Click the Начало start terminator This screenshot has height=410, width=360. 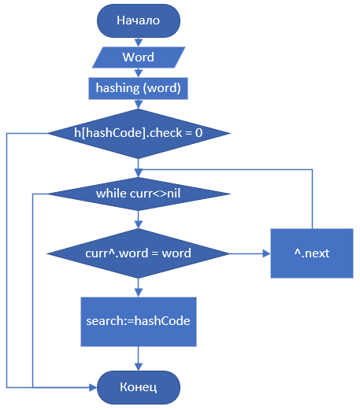click(x=139, y=20)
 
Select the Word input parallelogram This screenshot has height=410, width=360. click(x=139, y=57)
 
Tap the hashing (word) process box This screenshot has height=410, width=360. click(x=138, y=88)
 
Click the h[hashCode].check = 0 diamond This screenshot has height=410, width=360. click(x=139, y=134)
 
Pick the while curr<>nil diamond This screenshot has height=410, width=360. click(x=139, y=194)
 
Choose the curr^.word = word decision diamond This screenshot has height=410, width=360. click(x=138, y=253)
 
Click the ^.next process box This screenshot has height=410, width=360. click(x=312, y=253)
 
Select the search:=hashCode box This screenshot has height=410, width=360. click(x=139, y=322)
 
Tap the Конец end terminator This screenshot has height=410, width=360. click(x=139, y=387)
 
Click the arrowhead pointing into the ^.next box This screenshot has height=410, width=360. click(x=267, y=253)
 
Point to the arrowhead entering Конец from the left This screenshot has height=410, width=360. click(x=93, y=387)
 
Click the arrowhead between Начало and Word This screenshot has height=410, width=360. click(x=139, y=43)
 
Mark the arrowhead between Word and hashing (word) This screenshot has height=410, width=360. click(x=139, y=74)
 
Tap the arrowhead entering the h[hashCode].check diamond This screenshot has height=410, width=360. click(x=139, y=105)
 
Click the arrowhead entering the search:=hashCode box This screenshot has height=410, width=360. click(x=139, y=294)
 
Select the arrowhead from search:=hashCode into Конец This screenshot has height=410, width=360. click(x=139, y=367)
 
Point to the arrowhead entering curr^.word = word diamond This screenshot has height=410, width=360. click(x=139, y=224)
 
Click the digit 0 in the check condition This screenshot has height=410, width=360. click(x=199, y=133)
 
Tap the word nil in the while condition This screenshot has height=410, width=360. click(x=173, y=194)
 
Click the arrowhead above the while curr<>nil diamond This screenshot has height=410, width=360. click(x=139, y=173)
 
